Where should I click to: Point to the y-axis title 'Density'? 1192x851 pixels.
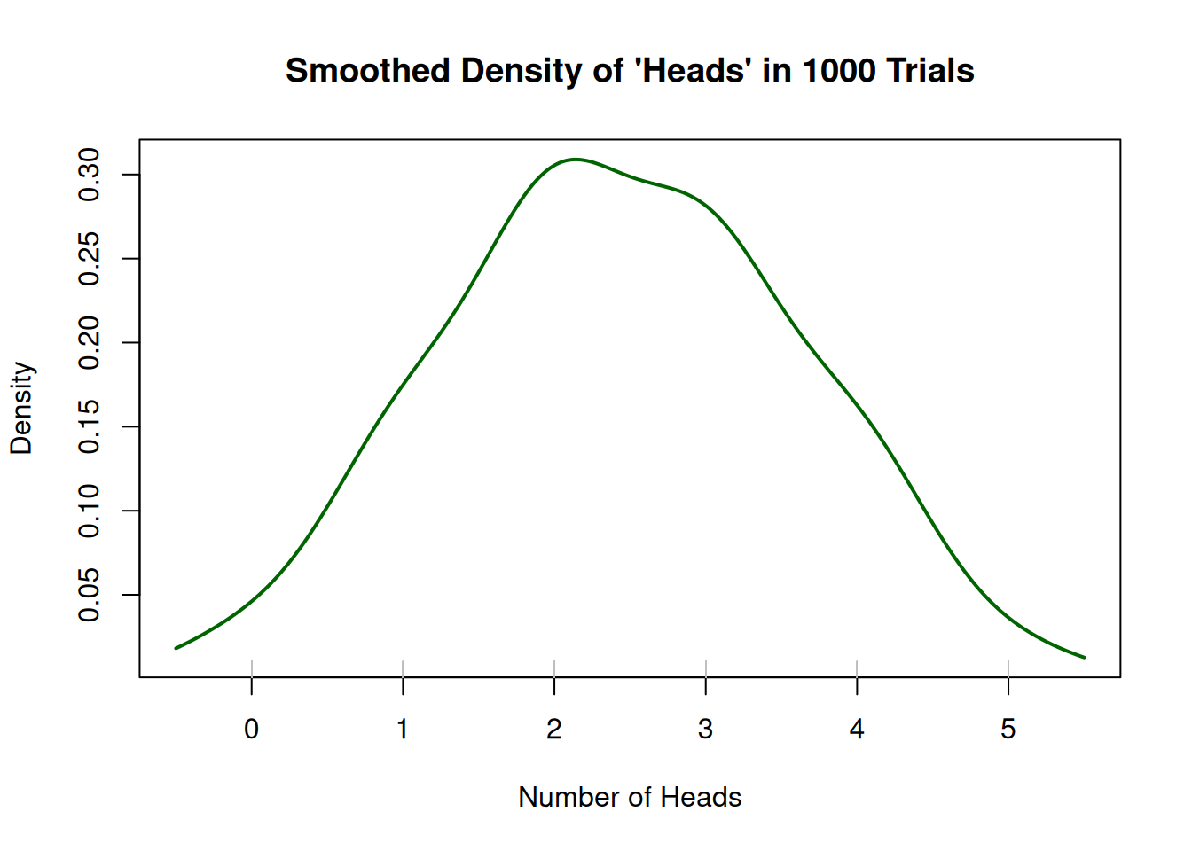point(21,408)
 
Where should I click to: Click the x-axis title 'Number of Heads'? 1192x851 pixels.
point(630,797)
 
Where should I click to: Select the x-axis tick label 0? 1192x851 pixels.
point(252,730)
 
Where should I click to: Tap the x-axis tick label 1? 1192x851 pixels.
point(403,730)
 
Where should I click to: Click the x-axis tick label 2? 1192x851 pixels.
point(554,730)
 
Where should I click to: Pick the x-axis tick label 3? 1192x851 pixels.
point(705,730)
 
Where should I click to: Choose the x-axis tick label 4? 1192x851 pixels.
point(857,730)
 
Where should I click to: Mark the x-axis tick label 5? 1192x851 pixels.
point(1008,730)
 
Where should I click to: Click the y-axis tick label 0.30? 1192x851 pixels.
point(90,175)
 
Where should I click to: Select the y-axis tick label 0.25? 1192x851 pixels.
point(90,259)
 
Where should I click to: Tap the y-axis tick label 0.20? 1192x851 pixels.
point(90,343)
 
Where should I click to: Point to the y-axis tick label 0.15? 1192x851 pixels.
point(90,426)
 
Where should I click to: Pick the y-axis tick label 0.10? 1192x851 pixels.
point(90,511)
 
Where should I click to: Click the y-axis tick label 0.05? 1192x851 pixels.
point(90,595)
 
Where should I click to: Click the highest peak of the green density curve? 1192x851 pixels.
point(576,160)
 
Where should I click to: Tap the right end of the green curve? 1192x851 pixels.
point(1084,657)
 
